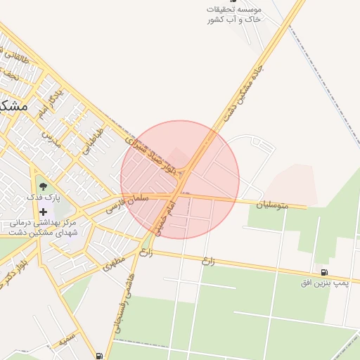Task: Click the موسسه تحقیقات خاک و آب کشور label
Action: (x=235, y=14)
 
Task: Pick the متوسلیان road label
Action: (x=272, y=205)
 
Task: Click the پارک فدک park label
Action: (x=40, y=198)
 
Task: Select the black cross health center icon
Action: (x=44, y=212)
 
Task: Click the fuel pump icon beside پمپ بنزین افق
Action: (x=323, y=272)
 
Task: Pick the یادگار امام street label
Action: (x=51, y=103)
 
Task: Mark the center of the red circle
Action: (x=180, y=180)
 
